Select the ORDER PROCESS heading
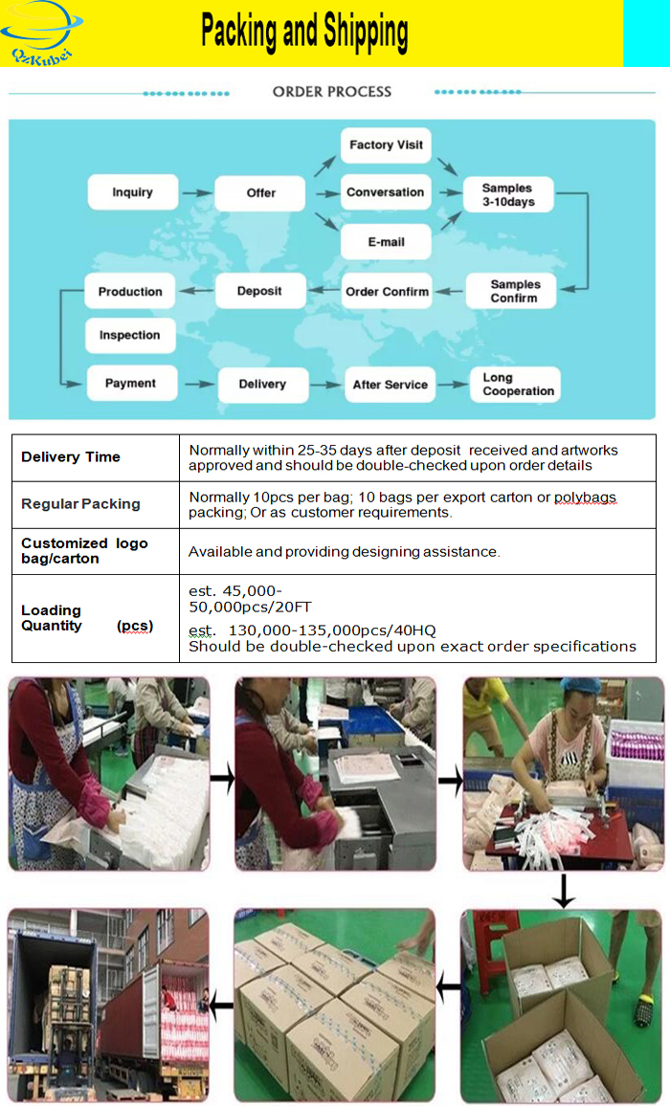[331, 92]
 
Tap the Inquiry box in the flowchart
[132, 192]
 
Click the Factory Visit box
[386, 144]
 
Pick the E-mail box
[386, 242]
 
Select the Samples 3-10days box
[508, 195]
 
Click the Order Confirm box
[387, 292]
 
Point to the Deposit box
[259, 291]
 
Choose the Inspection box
[130, 336]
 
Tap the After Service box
[390, 385]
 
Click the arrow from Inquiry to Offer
[196, 193]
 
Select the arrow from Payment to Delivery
[198, 384]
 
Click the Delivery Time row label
[71, 457]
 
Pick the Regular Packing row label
[80, 504]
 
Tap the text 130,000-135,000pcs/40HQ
[332, 630]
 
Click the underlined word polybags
[585, 498]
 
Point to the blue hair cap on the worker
[579, 686]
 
